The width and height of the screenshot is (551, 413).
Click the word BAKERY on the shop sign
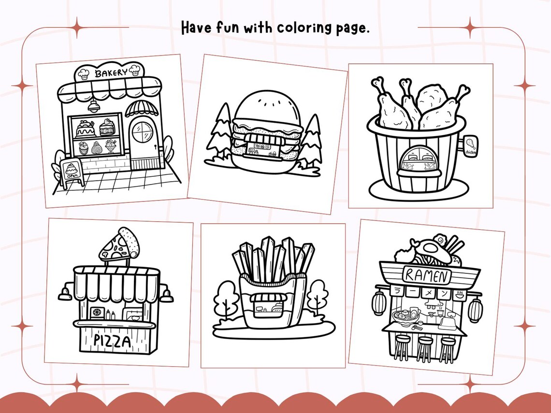pos(111,73)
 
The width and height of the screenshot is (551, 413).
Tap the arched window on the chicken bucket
pos(416,161)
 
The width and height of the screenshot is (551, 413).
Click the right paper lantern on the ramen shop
pos(475,309)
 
